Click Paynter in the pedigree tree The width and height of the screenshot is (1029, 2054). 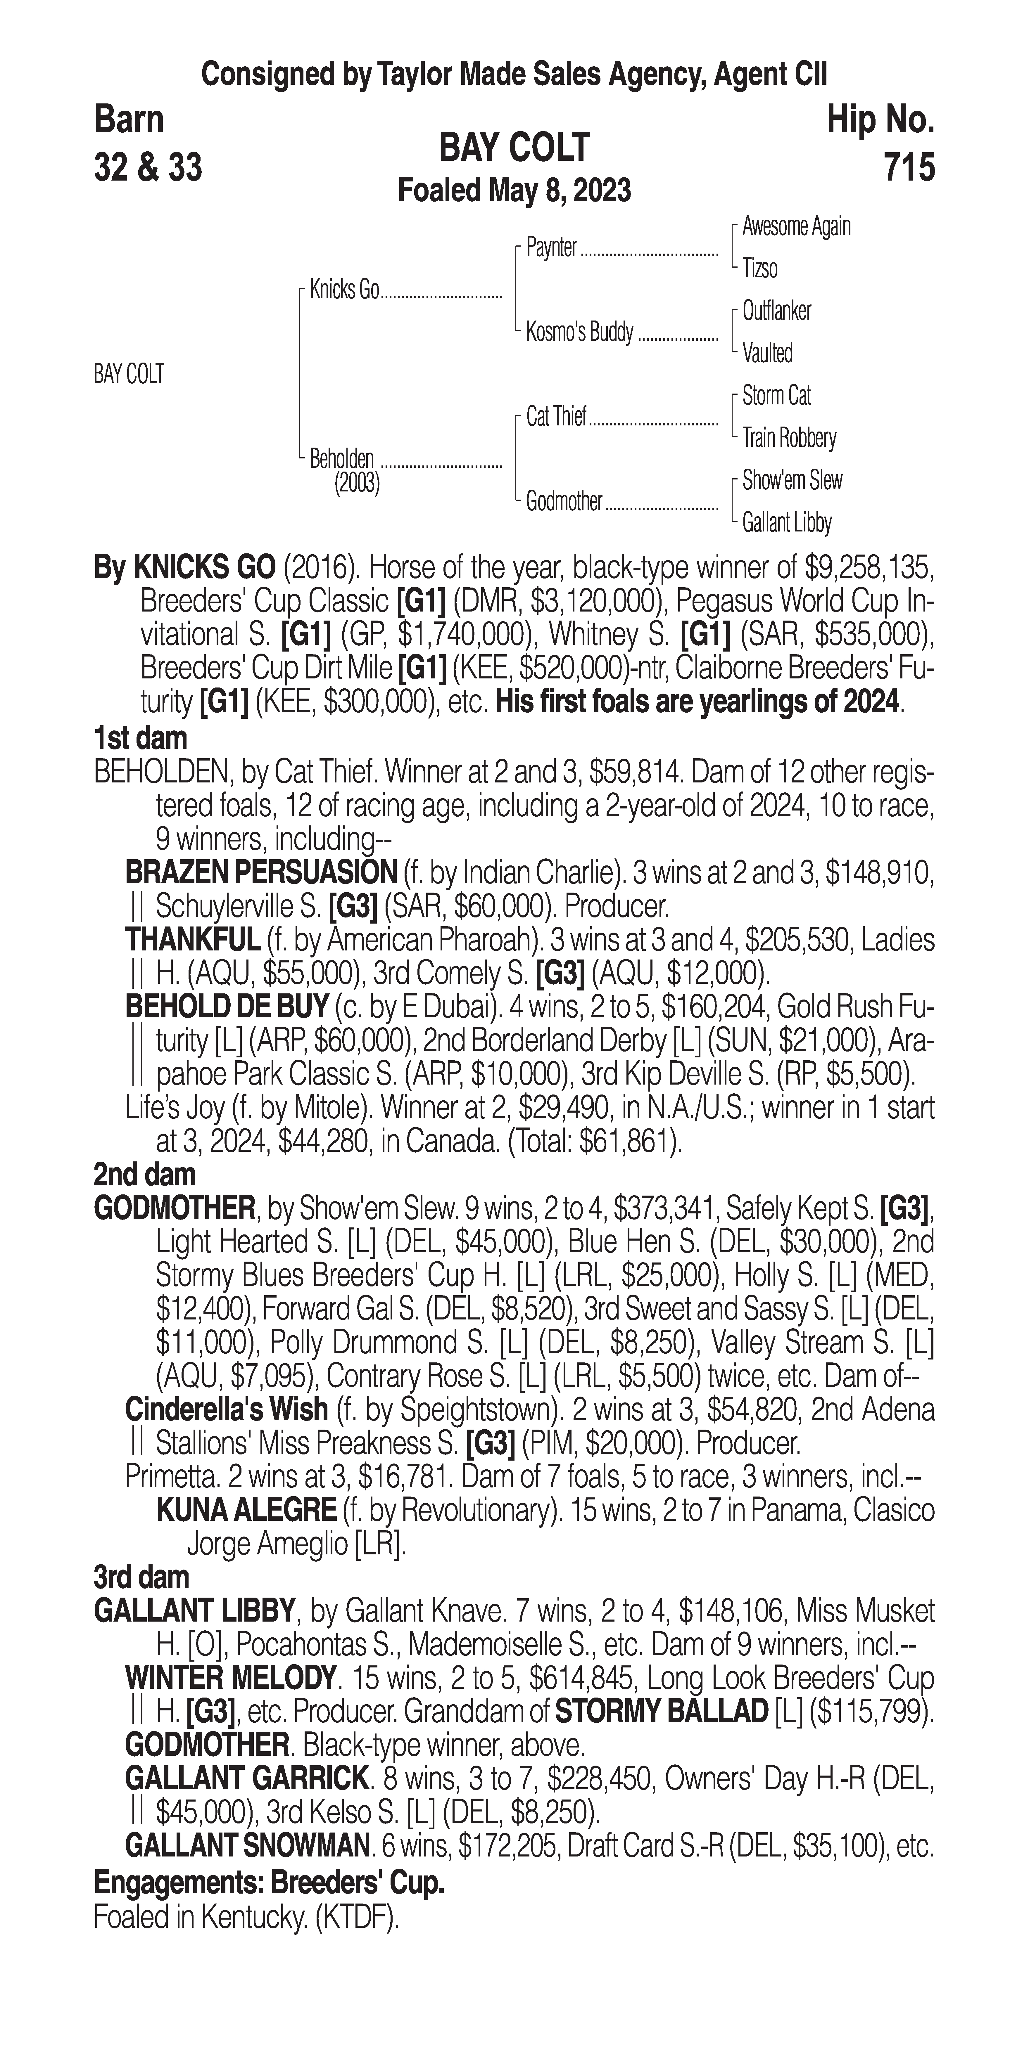tap(551, 248)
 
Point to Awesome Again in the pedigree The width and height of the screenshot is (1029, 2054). tap(796, 226)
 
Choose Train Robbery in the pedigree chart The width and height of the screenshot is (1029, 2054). tap(789, 438)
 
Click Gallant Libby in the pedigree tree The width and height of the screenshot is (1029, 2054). tap(786, 523)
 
